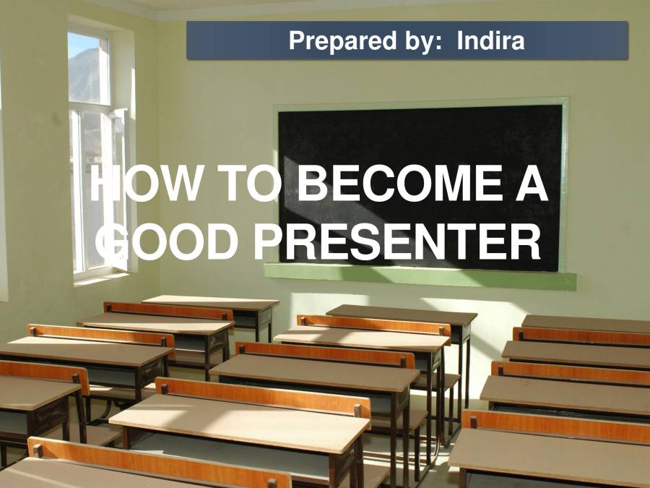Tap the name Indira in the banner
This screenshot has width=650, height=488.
click(490, 40)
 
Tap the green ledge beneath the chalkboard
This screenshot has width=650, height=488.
click(419, 275)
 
